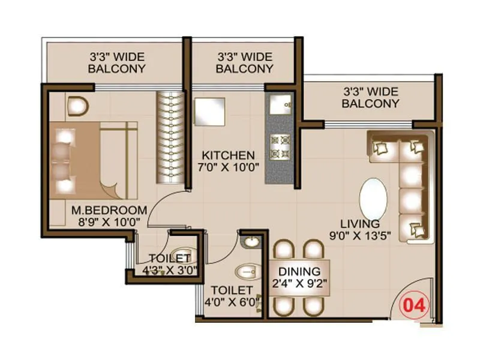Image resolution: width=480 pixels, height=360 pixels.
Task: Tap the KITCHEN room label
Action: point(227,154)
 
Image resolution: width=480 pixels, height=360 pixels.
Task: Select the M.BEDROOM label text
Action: point(109,210)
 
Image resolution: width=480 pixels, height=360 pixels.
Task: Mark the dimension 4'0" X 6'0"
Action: point(233,301)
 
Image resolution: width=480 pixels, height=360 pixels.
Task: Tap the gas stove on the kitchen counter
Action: point(280,147)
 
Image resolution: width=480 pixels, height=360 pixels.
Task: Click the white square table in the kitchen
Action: point(209,112)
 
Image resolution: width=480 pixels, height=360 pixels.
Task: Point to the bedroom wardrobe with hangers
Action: point(169,138)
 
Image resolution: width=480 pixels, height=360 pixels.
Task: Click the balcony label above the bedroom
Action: point(116,62)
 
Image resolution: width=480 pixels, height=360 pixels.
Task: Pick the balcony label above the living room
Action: point(370,97)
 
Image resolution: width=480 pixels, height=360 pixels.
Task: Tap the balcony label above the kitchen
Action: point(244,62)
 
